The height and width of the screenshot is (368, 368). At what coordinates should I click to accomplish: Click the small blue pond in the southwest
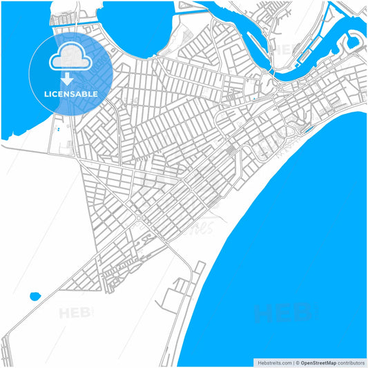pos(35,297)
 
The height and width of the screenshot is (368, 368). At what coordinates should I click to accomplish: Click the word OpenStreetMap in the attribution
pos(318,362)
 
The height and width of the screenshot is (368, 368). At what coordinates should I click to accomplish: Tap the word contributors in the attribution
pos(351,362)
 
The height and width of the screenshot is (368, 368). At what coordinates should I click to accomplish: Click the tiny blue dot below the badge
pos(59,129)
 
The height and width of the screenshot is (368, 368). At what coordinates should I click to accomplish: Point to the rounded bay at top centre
pos(135,28)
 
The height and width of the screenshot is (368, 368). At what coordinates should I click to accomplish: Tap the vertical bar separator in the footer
pos(293,362)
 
